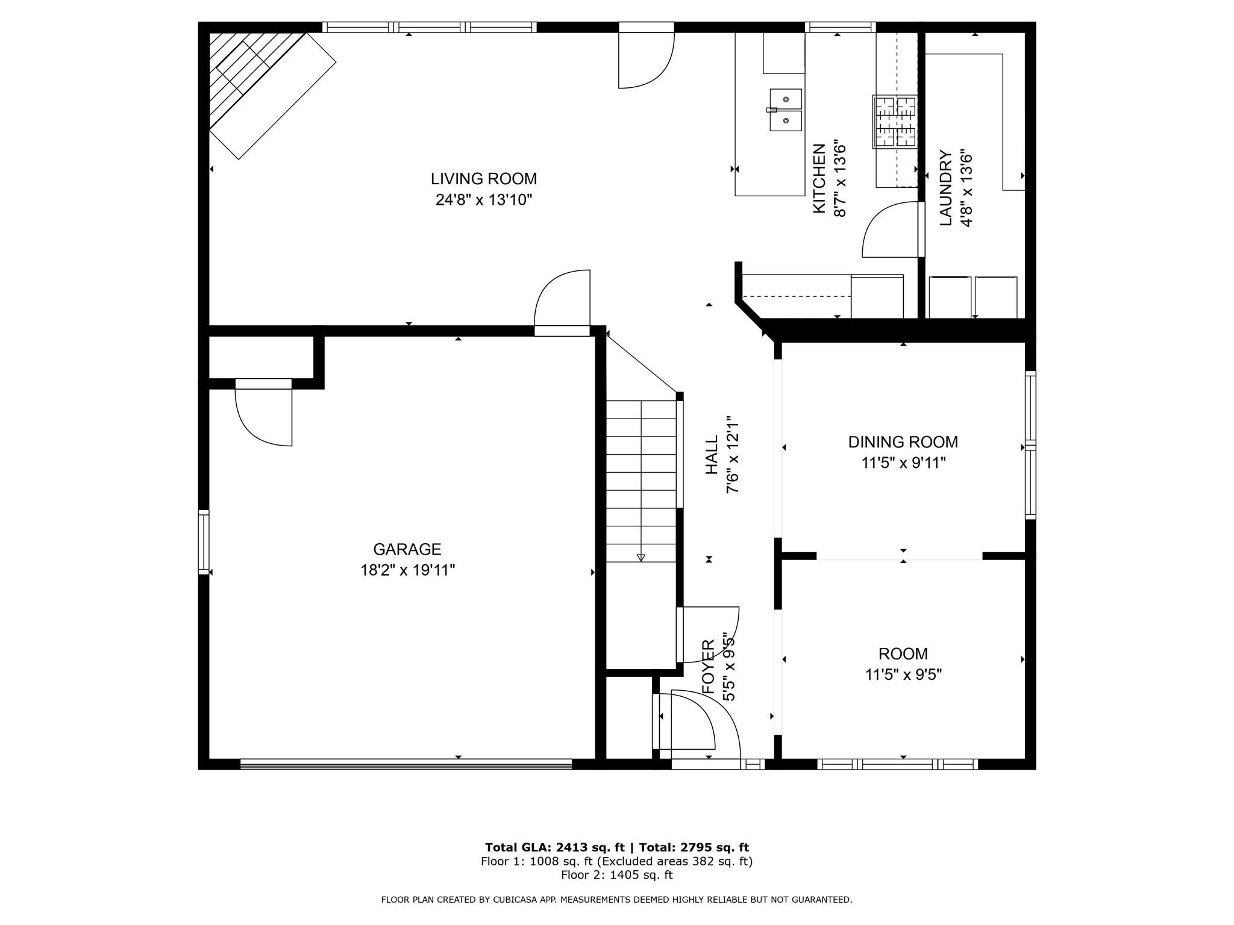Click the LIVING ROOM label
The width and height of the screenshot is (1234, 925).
(483, 179)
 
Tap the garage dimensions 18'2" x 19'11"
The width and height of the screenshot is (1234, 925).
(407, 570)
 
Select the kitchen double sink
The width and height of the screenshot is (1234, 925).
(786, 110)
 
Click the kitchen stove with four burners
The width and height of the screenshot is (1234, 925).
(895, 122)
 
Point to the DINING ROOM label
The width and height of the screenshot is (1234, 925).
(903, 442)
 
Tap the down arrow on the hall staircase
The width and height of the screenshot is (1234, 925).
(640, 557)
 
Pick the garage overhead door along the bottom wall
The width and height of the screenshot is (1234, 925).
(406, 764)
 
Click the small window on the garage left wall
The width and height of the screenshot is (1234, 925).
(204, 541)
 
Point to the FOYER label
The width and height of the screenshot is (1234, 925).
(709, 667)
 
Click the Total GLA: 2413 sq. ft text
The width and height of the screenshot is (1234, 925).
(554, 847)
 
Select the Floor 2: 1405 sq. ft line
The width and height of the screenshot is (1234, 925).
(616, 875)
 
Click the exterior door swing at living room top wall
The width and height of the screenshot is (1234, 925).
(645, 60)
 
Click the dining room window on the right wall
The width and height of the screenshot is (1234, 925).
(1030, 445)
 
